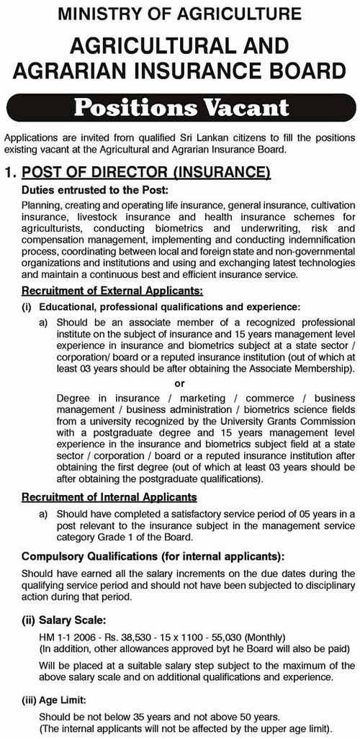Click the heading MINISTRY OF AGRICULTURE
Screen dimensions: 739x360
point(180,12)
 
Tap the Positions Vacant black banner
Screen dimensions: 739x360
point(179,109)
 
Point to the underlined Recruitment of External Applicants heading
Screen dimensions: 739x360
point(112,291)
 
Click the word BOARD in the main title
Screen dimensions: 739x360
point(300,71)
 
